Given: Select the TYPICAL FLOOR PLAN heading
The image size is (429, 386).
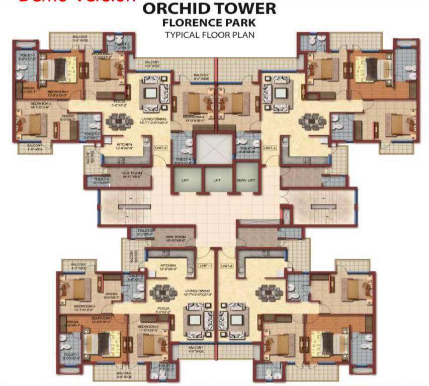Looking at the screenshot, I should [210, 35].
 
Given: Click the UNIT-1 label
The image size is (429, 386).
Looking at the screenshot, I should [206, 265].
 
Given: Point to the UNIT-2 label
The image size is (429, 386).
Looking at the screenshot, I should [160, 147].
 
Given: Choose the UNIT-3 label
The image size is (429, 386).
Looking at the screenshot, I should [270, 147].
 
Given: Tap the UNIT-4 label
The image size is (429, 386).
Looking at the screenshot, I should [226, 265].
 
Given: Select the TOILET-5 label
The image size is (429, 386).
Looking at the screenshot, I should [101, 180].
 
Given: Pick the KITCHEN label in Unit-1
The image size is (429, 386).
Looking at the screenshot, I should [168, 267].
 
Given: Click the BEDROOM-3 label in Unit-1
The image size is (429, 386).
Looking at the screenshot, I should [84, 308].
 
